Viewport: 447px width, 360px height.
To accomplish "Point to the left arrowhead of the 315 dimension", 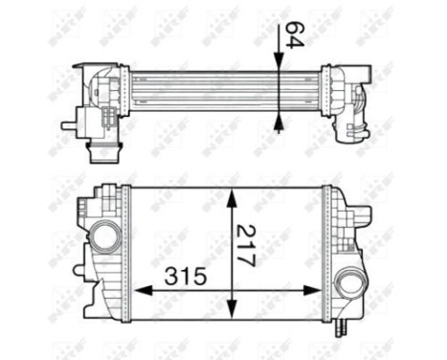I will [x=136, y=288].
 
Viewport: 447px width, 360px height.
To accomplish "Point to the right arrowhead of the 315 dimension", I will [x=320, y=288].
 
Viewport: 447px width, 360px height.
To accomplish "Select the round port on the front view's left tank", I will [x=105, y=235].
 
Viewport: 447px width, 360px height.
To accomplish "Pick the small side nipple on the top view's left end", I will [x=68, y=124].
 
